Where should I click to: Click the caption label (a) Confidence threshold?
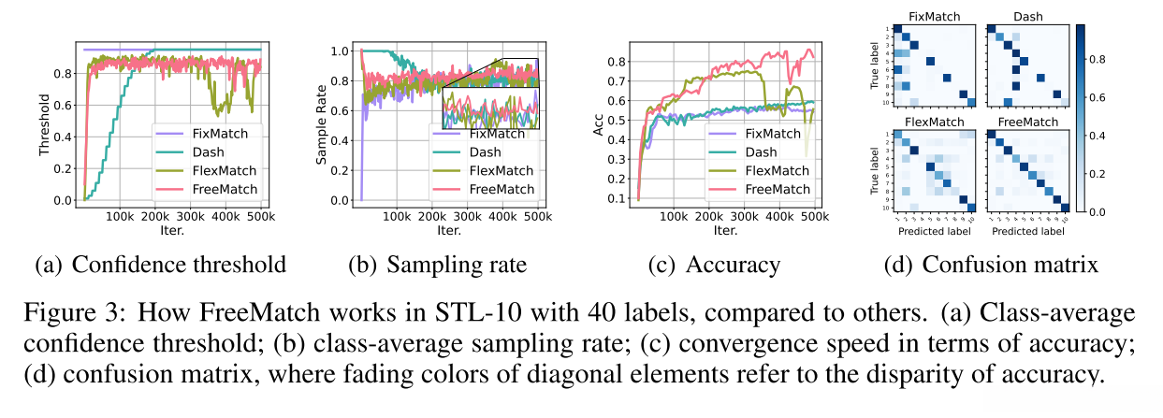(x=160, y=265)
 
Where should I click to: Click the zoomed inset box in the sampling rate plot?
(x=491, y=94)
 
